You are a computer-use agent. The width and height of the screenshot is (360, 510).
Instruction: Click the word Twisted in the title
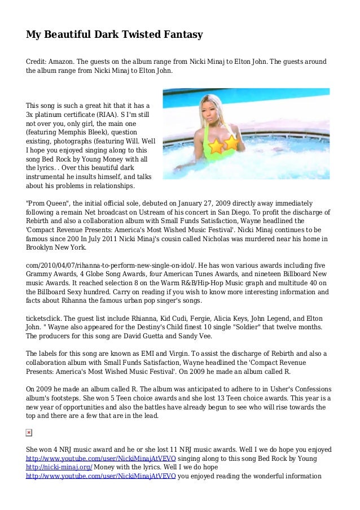click(132, 35)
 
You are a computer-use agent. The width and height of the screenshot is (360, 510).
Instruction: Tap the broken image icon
click(29, 433)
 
